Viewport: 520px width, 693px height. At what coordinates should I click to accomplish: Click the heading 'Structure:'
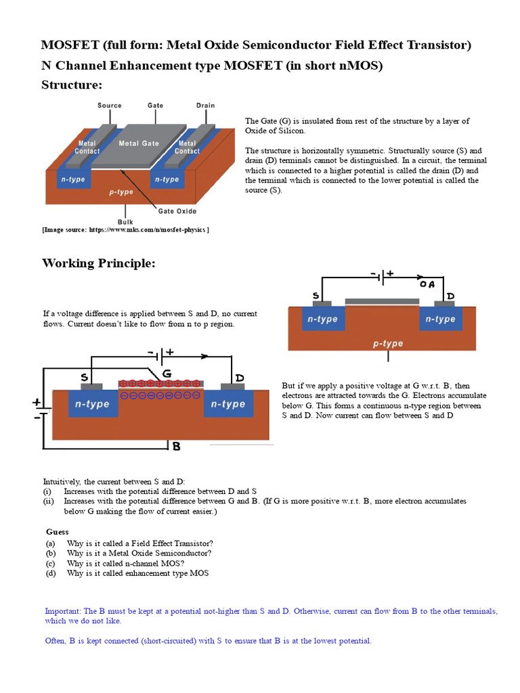[x=72, y=85]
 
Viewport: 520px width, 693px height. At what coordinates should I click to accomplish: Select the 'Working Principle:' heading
[x=99, y=263]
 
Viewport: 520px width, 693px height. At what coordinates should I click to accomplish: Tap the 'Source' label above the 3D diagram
[x=110, y=106]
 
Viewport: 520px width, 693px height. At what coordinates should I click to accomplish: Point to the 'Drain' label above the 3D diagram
[x=205, y=106]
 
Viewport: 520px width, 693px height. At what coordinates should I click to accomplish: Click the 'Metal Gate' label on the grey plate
[x=139, y=143]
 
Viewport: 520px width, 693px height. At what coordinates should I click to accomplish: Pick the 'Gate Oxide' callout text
[x=177, y=211]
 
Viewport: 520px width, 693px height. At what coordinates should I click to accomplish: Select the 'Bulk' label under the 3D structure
[x=125, y=222]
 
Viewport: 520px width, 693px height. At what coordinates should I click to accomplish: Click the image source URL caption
[x=126, y=230]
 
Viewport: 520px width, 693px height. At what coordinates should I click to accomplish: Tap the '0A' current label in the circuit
[x=427, y=285]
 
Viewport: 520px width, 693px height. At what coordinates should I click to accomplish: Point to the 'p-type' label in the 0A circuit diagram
[x=388, y=343]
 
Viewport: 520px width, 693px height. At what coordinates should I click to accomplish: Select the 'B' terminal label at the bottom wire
[x=176, y=446]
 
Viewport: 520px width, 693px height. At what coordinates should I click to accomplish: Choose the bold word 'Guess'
[x=58, y=532]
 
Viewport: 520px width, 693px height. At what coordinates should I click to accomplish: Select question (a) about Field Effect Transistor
[x=139, y=543]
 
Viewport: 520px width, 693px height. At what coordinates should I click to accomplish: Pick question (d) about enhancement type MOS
[x=137, y=573]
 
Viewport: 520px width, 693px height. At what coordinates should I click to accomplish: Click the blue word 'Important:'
[x=63, y=611]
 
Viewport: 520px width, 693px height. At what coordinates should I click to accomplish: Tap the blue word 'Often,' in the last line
[x=56, y=641]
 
